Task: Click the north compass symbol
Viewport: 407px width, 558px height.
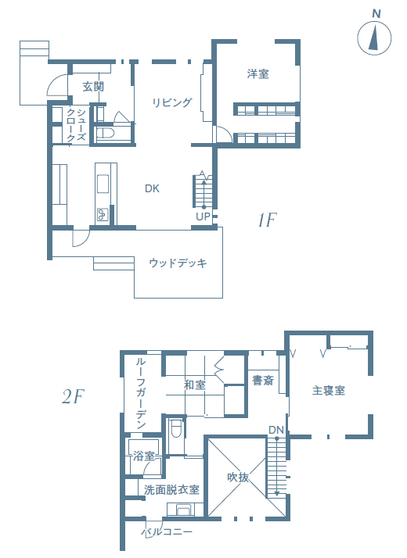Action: coord(375,38)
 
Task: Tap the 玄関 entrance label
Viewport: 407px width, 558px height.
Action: coord(93,87)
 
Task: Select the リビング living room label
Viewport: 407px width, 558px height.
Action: coord(171,102)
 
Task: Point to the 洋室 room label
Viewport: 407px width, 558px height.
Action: coord(258,74)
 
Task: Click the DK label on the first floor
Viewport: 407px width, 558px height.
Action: coord(152,188)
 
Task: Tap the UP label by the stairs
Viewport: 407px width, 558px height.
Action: coord(203,216)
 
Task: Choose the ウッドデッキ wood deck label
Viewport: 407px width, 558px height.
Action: coord(178,263)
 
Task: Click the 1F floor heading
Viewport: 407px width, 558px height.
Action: coord(267,220)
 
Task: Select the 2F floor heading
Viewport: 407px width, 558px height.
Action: coord(72,397)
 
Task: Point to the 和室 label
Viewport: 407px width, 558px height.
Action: coord(194,385)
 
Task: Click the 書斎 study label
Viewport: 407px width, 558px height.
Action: coord(262,381)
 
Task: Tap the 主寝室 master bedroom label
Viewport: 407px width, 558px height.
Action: coord(329,390)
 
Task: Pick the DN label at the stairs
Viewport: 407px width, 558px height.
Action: coord(276,430)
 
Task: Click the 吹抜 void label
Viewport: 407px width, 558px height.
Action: coord(238,477)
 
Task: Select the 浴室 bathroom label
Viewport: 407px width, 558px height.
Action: coord(143,455)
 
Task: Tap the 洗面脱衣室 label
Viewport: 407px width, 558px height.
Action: coord(172,490)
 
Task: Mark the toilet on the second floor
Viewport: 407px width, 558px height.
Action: coord(176,430)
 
